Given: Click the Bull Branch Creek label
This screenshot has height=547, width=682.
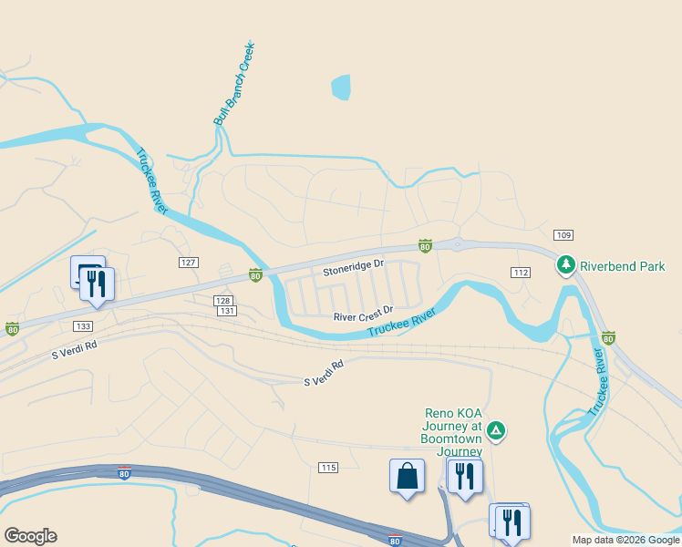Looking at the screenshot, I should [232, 83].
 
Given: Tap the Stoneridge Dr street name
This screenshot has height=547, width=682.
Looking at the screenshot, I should [354, 272].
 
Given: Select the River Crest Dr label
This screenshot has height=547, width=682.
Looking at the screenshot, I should [363, 316].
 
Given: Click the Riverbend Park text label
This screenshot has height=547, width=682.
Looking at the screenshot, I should [624, 266].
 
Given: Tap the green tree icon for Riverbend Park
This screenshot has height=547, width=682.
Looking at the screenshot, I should [566, 265].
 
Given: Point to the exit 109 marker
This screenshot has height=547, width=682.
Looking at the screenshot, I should [563, 235].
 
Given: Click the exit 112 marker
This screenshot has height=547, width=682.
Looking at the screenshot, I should [521, 273].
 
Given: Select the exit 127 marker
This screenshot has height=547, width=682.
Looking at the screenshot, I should [188, 262].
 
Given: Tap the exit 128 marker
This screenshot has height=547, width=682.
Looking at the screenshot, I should [222, 300].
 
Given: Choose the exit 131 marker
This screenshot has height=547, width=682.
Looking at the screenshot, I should [228, 311].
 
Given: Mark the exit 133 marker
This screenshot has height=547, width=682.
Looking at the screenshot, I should [83, 325].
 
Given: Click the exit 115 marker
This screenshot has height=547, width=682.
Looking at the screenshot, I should [328, 468].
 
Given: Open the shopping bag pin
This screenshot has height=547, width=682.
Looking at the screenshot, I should [407, 476].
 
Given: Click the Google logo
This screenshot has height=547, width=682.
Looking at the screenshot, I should [30, 535].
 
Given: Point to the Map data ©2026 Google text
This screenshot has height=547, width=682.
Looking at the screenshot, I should [625, 540].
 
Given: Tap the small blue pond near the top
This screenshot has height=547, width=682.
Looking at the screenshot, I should [340, 88].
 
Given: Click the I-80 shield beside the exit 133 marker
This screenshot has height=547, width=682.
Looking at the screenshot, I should [12, 328].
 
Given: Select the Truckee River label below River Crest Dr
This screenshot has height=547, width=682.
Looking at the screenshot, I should [402, 323].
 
